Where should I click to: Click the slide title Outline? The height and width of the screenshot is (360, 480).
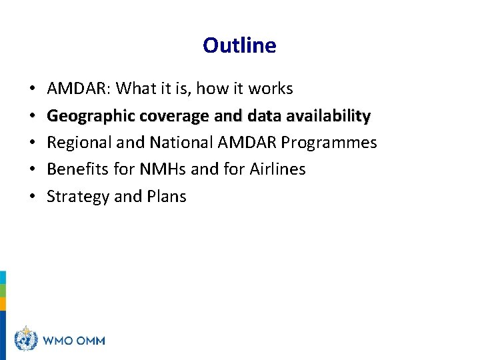(239, 45)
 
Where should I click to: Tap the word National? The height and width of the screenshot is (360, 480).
(179, 143)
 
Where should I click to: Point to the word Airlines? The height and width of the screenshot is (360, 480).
(277, 169)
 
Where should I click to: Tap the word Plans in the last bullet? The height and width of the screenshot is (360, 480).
(168, 197)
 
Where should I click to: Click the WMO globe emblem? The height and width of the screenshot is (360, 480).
(25, 339)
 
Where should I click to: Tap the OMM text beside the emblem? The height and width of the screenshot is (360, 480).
(89, 341)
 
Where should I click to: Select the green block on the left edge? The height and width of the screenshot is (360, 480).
(3, 291)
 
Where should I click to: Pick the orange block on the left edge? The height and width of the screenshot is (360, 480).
(3, 304)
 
